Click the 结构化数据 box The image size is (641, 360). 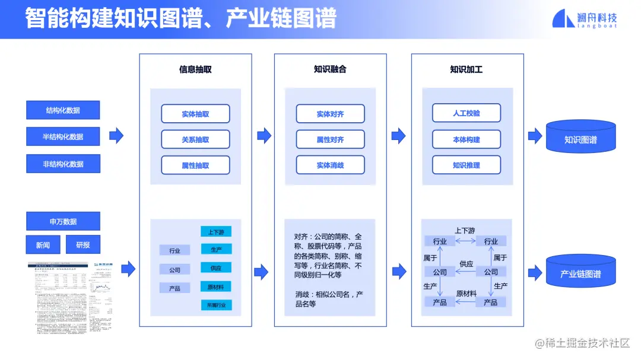tap(63, 110)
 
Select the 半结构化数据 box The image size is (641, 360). tap(63, 137)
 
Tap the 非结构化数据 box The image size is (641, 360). tap(63, 164)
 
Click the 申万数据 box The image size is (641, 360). tap(63, 221)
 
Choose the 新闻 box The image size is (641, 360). tap(43, 245)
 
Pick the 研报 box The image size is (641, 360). tap(82, 245)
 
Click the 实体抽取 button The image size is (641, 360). tap(195, 114)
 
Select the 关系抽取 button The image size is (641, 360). tap(195, 139)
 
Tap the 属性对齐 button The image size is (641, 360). tap(330, 139)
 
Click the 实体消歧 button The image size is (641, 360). tap(330, 165)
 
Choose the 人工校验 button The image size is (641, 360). tap(466, 113)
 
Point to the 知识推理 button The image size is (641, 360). tap(466, 165)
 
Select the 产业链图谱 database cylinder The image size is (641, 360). tap(580, 274)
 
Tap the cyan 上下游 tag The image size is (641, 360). tap(215, 231)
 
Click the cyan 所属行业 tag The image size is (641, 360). tap(215, 305)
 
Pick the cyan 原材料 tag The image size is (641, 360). tap(215, 286)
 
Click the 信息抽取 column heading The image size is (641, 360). tap(195, 69)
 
